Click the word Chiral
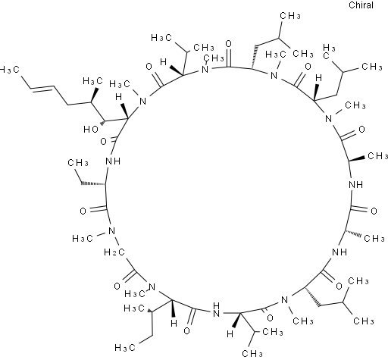pyautogui.click(x=361, y=5)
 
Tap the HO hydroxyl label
pyautogui.click(x=91, y=130)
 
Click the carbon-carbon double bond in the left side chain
pyautogui.click(x=42, y=88)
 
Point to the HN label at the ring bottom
pyautogui.click(x=216, y=310)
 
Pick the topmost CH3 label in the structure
pyautogui.click(x=290, y=16)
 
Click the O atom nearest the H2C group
pyautogui.click(x=117, y=286)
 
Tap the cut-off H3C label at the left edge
pyautogui.click(x=10, y=70)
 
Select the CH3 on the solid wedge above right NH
pyautogui.click(x=377, y=156)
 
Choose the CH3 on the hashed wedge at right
pyautogui.click(x=374, y=238)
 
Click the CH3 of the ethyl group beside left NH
pyautogui.click(x=78, y=163)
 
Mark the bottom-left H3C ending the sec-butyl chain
pyautogui.click(x=125, y=348)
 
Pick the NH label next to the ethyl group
pyautogui.click(x=113, y=161)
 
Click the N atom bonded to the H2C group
pyautogui.click(x=111, y=231)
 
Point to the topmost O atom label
pyautogui.click(x=228, y=44)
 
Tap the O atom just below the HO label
pyautogui.click(x=103, y=141)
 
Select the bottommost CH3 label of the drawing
pyautogui.click(x=252, y=353)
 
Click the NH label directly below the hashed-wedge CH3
pyautogui.click(x=339, y=252)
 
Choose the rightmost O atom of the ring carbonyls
pyautogui.click(x=374, y=211)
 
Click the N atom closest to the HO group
pyautogui.click(x=143, y=102)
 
